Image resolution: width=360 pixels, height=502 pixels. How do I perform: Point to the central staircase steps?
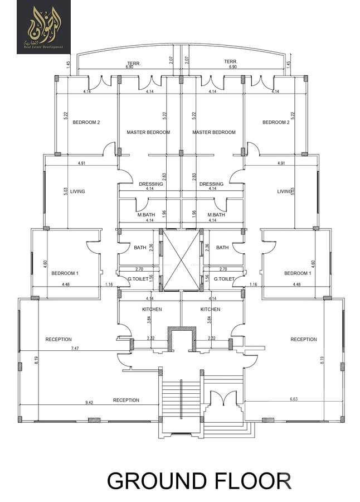(x=181, y=399)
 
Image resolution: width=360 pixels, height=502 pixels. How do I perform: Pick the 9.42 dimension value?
(x=89, y=402)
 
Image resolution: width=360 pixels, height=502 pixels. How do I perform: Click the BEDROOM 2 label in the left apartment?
(x=86, y=122)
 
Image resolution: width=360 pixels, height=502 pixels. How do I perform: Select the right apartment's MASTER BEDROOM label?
(x=213, y=132)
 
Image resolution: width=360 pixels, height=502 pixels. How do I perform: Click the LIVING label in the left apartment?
(x=77, y=191)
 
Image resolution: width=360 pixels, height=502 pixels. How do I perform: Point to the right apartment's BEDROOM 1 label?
(x=296, y=273)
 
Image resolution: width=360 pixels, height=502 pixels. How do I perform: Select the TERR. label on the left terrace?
(x=133, y=62)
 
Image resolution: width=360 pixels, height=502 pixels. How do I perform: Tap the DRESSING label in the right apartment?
(x=211, y=184)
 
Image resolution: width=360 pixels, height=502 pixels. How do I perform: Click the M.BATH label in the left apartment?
(x=146, y=215)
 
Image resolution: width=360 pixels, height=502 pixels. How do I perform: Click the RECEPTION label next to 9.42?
(x=126, y=400)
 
